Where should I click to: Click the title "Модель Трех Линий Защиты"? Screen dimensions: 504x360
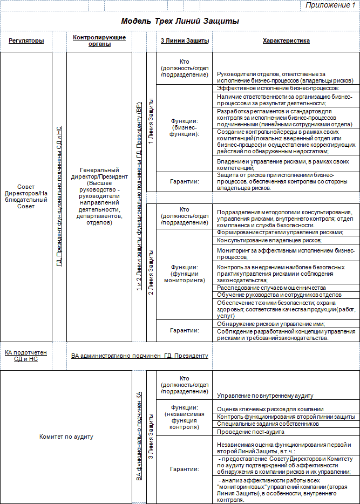tap(180, 21)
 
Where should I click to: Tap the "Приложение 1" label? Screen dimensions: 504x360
tap(330, 5)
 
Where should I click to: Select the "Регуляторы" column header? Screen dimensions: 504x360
tap(25, 41)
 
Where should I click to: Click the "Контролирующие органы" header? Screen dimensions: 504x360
tap(99, 40)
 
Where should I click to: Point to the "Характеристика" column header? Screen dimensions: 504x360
tap(286, 40)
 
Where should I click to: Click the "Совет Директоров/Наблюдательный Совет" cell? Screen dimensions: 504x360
tap(25, 196)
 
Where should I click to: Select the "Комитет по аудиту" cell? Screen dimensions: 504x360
tap(67, 437)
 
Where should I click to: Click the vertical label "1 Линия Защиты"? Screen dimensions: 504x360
tap(151, 121)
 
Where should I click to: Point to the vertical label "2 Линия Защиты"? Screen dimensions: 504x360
tap(151, 272)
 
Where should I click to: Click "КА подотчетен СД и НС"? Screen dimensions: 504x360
tap(25, 356)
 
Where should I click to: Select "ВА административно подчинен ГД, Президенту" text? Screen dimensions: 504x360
tap(139, 356)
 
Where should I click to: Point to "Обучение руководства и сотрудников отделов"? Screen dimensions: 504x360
tap(279, 295)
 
